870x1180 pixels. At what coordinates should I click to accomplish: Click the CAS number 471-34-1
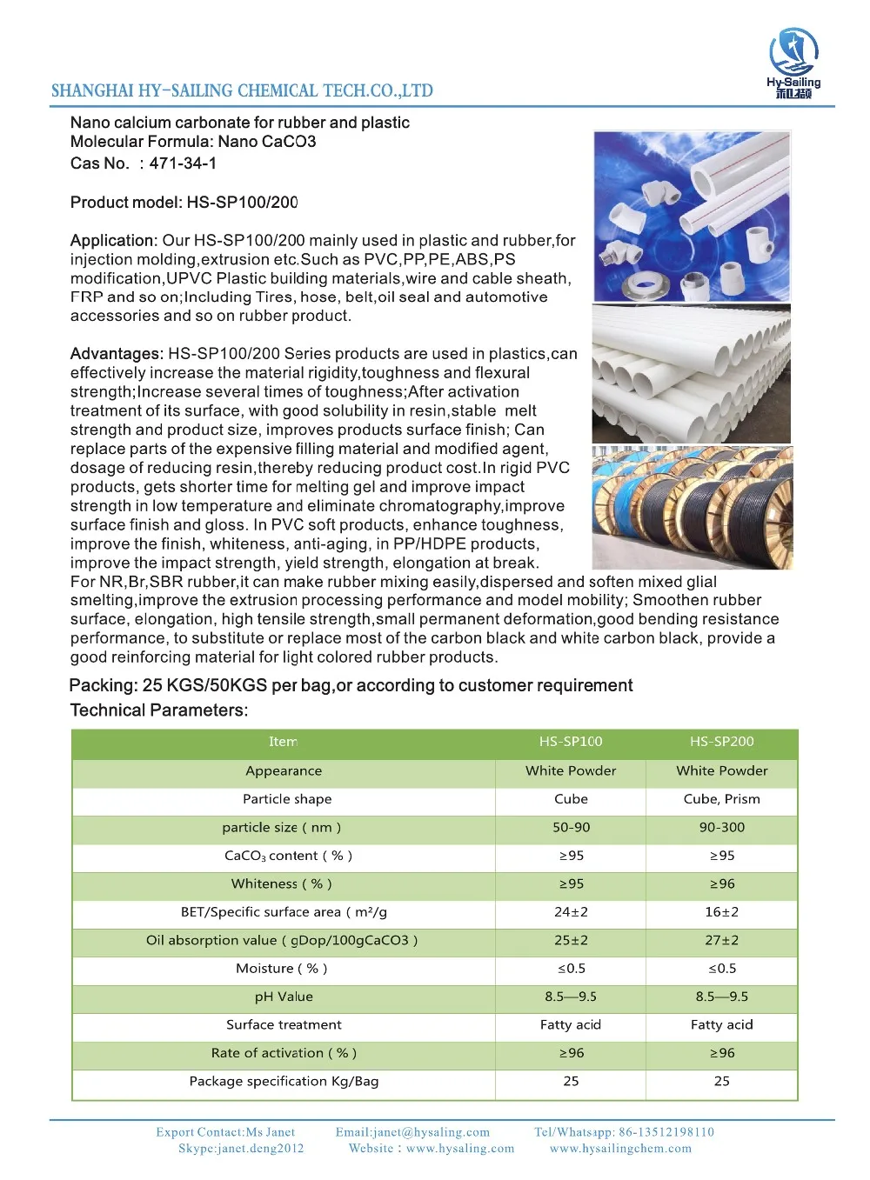183,163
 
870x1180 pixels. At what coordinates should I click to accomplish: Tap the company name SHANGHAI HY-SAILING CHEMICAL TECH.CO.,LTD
242,90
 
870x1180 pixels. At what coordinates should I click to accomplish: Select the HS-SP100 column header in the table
571,742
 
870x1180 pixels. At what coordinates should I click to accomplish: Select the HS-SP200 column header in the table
721,742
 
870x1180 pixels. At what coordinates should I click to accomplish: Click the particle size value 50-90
571,827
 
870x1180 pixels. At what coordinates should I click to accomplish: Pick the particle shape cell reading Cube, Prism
721,799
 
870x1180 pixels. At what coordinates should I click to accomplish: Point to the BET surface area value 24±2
571,912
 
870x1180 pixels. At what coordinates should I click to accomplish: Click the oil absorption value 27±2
721,940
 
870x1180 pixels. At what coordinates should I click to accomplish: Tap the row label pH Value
284,997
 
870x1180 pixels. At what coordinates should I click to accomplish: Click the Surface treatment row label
284,1024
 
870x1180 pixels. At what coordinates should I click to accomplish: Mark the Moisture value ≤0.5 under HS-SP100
571,969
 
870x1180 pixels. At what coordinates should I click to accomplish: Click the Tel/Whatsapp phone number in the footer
666,1132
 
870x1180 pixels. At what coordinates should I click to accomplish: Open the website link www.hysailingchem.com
620,1149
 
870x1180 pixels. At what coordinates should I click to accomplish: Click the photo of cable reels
692,508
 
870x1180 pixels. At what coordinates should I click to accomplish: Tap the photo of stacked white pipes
692,374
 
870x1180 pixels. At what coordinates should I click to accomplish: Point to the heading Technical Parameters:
159,710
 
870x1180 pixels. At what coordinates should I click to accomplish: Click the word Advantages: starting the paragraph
117,354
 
